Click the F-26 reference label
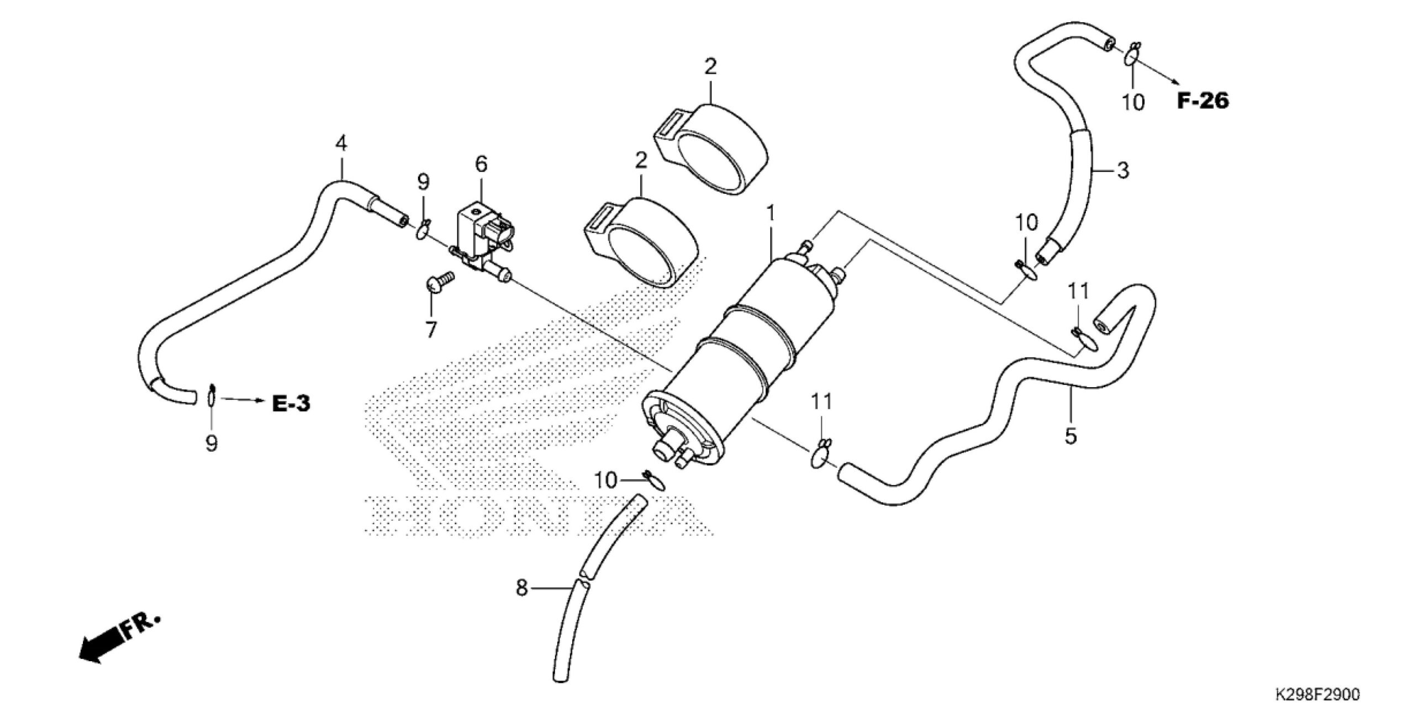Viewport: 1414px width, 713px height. (1202, 101)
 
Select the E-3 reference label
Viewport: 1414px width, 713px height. (291, 404)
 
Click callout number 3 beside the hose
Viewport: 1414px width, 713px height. (1122, 171)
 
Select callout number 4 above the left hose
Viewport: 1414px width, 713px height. (341, 144)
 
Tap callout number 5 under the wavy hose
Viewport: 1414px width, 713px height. (1070, 436)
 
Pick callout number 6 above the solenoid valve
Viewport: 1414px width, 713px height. (481, 163)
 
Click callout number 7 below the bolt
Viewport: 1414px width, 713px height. (430, 329)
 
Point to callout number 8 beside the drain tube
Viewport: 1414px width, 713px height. (521, 588)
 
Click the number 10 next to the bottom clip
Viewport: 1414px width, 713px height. (605, 480)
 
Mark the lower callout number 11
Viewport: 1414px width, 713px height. (821, 402)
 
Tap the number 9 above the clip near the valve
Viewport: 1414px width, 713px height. (423, 182)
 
